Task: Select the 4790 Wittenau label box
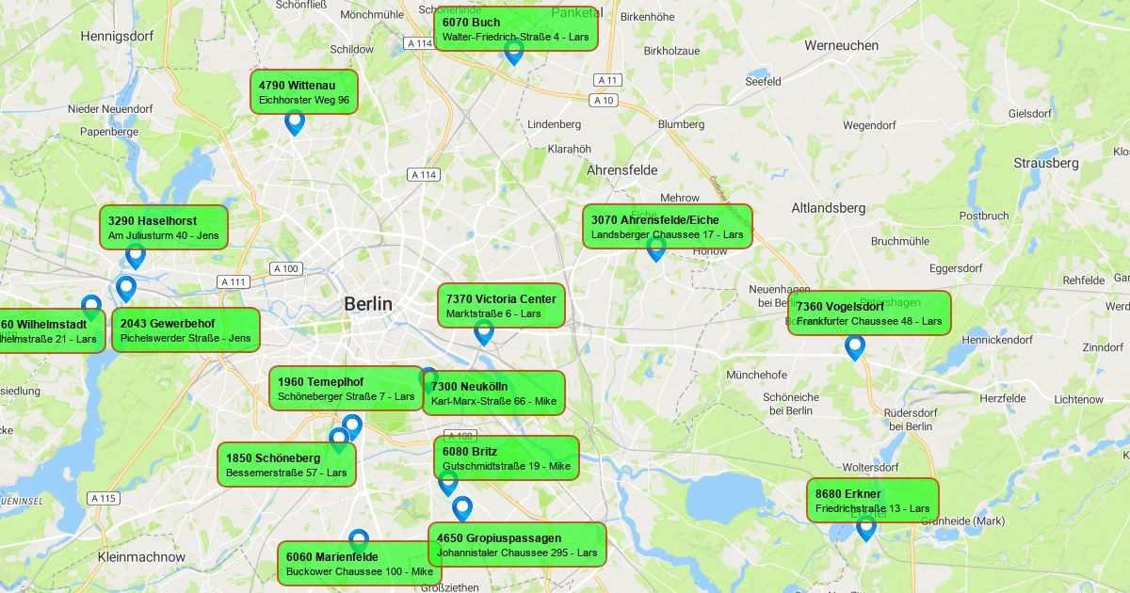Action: coord(304,92)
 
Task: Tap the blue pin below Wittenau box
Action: coord(295,121)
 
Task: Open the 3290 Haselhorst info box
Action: coord(164,228)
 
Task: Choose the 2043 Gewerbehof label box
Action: coord(186,330)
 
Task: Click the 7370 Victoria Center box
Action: coord(501,306)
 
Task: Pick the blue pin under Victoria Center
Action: coord(484,331)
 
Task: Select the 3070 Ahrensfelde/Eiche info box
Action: coord(667,227)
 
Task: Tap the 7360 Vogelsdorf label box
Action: coord(869,313)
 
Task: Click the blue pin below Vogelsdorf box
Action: coord(855,346)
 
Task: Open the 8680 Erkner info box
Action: coord(872,501)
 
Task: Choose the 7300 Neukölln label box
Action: coord(493,393)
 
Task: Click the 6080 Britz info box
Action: coord(507,458)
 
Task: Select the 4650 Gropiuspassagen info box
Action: coord(517,545)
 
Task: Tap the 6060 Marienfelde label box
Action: coord(359,563)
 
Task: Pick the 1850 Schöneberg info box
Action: coord(286,465)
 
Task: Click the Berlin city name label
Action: coord(367,304)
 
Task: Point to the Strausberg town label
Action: coord(1045,163)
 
